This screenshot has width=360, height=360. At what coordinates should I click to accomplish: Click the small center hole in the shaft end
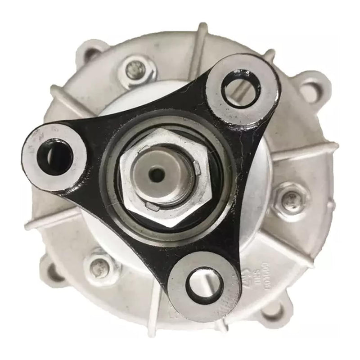(x=156, y=173)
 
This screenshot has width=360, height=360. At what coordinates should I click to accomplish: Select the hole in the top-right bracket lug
(x=242, y=88)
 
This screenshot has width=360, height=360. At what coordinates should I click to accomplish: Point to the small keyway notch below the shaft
(x=153, y=207)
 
